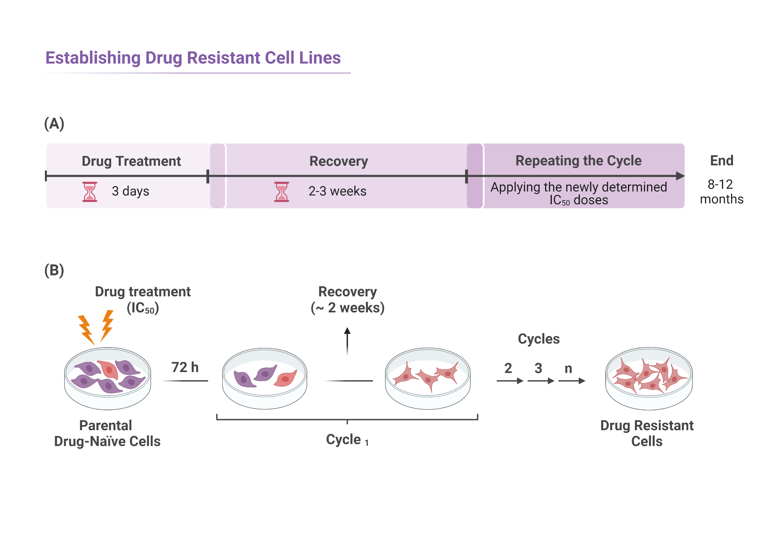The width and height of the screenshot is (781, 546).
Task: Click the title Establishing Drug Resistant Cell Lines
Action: coord(193,58)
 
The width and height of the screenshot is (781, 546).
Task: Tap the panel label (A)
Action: coord(54,124)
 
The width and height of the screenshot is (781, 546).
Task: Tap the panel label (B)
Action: coord(54,270)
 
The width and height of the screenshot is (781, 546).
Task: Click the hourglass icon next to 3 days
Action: coord(90,191)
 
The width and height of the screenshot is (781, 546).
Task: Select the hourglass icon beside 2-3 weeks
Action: coord(282,191)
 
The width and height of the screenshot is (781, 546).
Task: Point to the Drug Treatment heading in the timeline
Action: coord(131,161)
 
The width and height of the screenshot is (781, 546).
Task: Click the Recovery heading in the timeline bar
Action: coord(339,161)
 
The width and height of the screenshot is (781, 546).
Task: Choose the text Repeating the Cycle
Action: coord(578,161)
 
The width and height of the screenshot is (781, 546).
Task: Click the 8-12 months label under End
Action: coord(721,191)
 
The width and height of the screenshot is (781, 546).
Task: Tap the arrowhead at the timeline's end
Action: coord(680,176)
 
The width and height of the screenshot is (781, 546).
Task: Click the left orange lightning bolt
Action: coord(86,329)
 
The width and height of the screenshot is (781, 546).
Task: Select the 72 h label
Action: coord(185,367)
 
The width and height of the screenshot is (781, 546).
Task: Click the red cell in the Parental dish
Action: coord(108,369)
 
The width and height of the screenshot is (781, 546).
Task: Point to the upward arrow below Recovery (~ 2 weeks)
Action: coord(347,340)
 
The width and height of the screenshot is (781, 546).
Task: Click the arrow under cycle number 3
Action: coord(541,381)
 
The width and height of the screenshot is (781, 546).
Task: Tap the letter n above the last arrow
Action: coord(568,368)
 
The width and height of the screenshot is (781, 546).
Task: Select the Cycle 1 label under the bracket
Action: coord(347,440)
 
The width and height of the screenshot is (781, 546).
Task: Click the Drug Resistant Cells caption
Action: coord(647,433)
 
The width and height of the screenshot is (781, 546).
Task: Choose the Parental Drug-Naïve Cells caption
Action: coord(107,433)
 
